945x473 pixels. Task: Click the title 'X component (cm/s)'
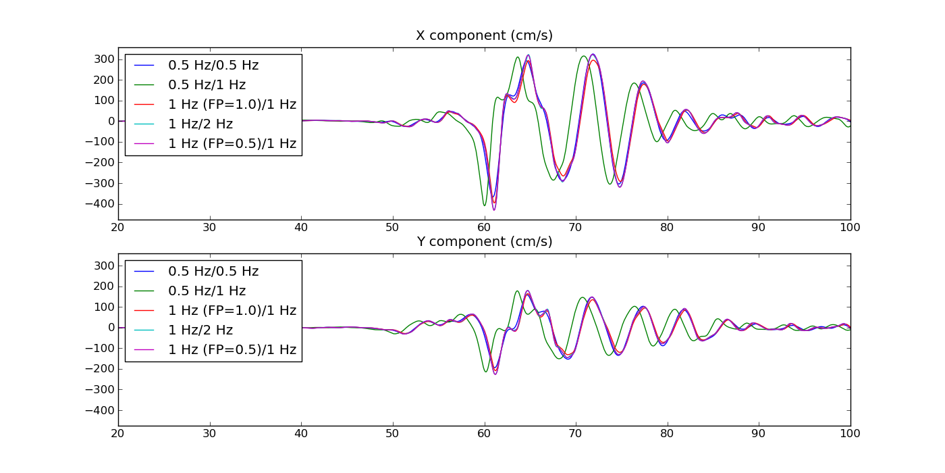(x=484, y=36)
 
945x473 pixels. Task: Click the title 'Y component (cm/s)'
(x=484, y=242)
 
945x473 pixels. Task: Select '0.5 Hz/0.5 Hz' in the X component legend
(x=213, y=66)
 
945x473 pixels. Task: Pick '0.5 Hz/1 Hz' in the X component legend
(x=207, y=85)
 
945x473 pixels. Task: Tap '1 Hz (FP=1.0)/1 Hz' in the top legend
(x=232, y=105)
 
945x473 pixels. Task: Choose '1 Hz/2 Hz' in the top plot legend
(x=200, y=124)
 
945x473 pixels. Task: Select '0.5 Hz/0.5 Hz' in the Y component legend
(x=213, y=272)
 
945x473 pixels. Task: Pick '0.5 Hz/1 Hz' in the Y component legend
(x=207, y=291)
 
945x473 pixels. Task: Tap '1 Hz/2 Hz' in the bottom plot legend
(x=200, y=330)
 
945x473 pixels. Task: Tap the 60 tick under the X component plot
(x=484, y=228)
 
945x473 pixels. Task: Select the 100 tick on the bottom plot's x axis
(x=850, y=434)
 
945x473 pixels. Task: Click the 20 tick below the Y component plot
(x=117, y=434)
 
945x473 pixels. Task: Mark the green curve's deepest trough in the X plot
(x=484, y=205)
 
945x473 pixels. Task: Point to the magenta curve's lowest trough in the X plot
(x=493, y=210)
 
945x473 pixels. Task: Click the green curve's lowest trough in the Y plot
(x=485, y=372)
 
